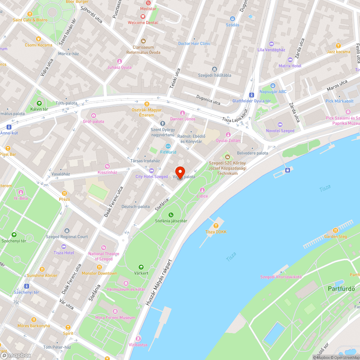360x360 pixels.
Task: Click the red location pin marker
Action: coord(180,172)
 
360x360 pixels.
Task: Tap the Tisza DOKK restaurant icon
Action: coord(216,226)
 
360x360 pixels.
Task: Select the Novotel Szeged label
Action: coord(280,131)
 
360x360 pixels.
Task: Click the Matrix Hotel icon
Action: coord(290,60)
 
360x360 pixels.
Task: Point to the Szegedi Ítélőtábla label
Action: coord(215,75)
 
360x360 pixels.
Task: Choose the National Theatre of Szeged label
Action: coord(100,256)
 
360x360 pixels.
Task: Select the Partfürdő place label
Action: coord(341,288)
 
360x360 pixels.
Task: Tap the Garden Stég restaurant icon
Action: coord(336,230)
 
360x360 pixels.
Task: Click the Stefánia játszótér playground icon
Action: coord(171,215)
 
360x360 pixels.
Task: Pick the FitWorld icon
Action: coord(168,146)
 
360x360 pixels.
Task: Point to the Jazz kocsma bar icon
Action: coord(338,46)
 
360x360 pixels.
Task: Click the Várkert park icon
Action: coord(141,267)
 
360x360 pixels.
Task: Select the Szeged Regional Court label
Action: coord(67,237)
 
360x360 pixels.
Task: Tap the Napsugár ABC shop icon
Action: coord(273,86)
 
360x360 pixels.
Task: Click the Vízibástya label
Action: coord(138,345)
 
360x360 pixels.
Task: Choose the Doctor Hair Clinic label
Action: coord(194,44)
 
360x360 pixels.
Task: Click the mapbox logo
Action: coord(16,355)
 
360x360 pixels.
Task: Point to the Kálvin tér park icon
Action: coord(39,104)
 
